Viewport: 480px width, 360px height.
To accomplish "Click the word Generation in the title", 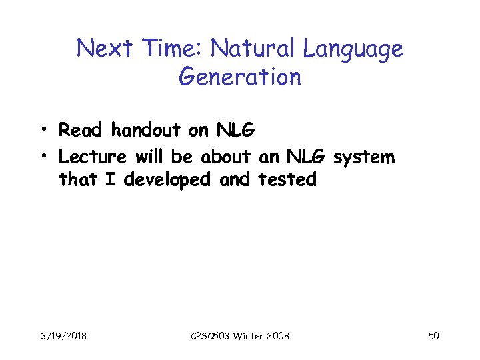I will [x=240, y=77].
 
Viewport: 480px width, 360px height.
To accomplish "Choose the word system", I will [x=363, y=159].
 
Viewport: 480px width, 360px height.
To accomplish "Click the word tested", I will [x=287, y=179].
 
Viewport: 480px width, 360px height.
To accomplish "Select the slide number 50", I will [x=433, y=336].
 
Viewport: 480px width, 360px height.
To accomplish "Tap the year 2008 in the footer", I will [x=277, y=336].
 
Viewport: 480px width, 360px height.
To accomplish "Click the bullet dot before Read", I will [x=43, y=129].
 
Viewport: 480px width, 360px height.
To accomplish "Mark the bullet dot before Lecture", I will [x=43, y=157].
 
